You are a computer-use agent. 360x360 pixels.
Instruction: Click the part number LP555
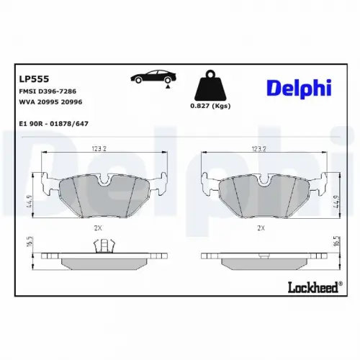tap(34, 78)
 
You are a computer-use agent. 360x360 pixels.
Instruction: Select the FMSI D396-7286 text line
tap(48, 91)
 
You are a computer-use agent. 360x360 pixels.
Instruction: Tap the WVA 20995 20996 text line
tap(50, 102)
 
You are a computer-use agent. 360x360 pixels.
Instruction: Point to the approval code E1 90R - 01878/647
tap(53, 124)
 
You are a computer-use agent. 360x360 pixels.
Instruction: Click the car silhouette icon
tap(153, 77)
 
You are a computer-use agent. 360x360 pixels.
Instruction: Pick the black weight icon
tap(210, 86)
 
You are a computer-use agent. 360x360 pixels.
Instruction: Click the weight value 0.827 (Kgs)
tap(210, 106)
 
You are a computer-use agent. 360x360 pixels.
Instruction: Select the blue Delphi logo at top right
tap(299, 88)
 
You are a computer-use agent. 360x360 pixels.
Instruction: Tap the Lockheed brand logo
tap(315, 287)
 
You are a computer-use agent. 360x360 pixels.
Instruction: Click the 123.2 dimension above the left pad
tap(99, 149)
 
